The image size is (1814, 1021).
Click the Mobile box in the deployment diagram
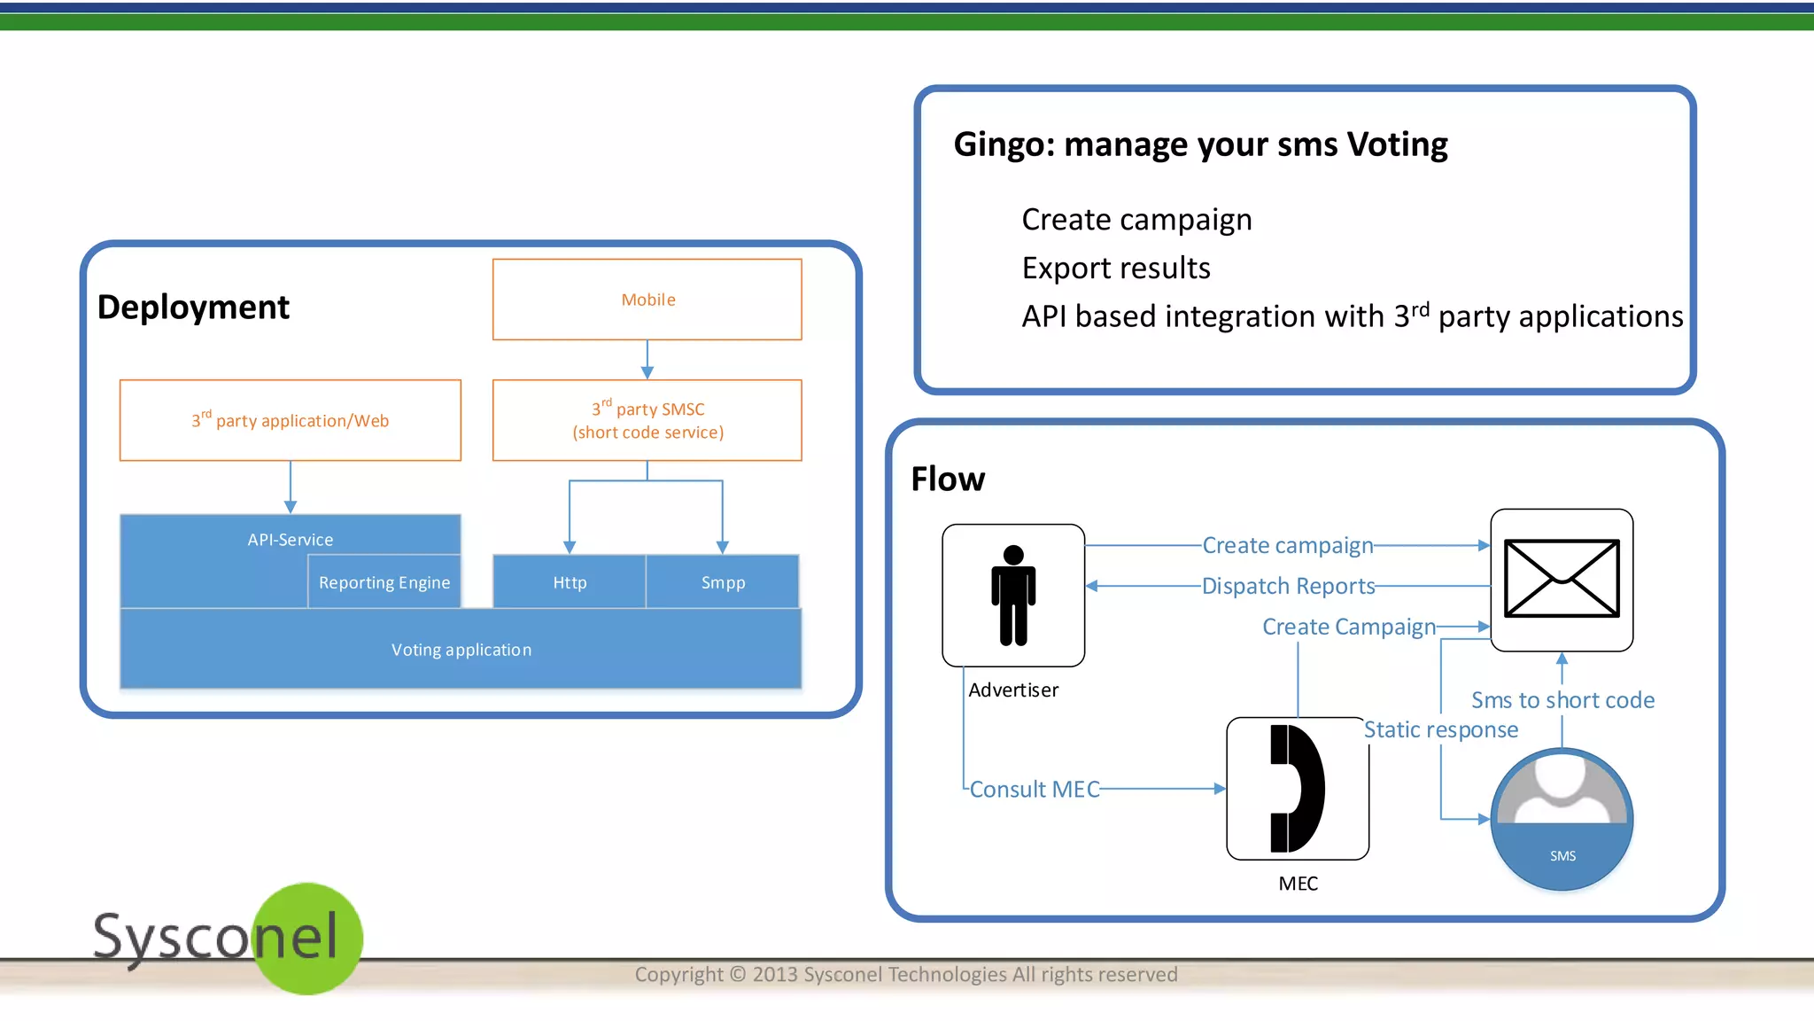[x=647, y=300]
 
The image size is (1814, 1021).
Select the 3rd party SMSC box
[x=647, y=420]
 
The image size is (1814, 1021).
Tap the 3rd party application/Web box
[x=291, y=420]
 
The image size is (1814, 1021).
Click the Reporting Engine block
[x=384, y=582]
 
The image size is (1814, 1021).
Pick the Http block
[x=570, y=582]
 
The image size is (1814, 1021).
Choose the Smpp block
[x=723, y=582]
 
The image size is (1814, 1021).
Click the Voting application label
[x=461, y=650]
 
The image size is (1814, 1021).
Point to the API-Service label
[x=291, y=539]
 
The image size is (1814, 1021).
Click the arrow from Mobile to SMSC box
[x=647, y=360]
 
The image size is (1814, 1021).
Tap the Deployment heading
[x=193, y=307]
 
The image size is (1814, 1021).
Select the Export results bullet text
[x=1116, y=268]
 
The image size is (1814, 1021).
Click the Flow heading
[x=948, y=479]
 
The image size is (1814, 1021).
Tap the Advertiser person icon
[x=1013, y=595]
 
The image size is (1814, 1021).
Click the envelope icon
[x=1562, y=579]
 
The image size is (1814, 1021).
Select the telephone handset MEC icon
[x=1298, y=788]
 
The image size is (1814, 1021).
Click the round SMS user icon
[x=1562, y=819]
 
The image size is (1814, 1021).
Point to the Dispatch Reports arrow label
[x=1288, y=586]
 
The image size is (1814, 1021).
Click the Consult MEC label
[x=1035, y=789]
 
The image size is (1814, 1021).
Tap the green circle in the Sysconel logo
[x=308, y=939]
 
